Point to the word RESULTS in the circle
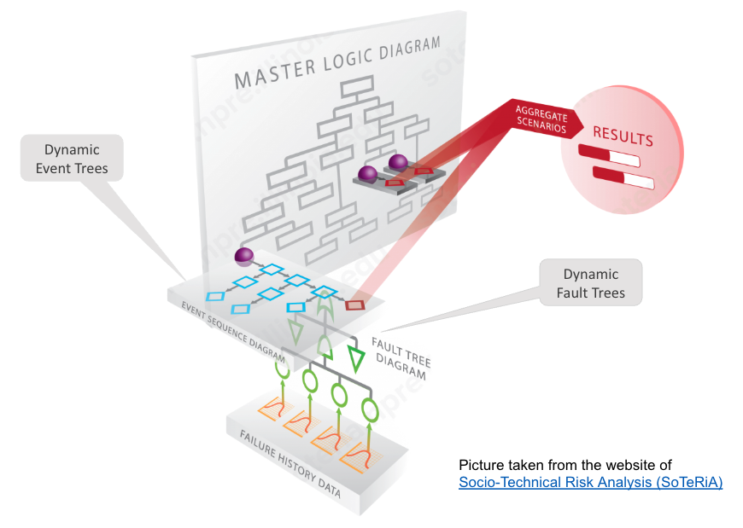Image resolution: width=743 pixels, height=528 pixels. (x=623, y=137)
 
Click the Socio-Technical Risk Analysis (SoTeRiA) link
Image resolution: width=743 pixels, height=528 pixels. (x=590, y=483)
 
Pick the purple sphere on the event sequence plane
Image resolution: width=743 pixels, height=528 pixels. (x=244, y=256)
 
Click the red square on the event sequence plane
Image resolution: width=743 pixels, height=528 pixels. (x=355, y=304)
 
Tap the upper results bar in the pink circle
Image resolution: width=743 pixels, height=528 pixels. (x=609, y=156)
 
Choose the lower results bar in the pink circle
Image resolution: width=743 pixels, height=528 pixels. (x=623, y=178)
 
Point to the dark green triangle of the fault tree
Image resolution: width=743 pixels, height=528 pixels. (x=356, y=357)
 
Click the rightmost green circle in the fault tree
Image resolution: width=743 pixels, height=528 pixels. (x=370, y=410)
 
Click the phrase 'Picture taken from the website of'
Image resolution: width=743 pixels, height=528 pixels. (x=565, y=465)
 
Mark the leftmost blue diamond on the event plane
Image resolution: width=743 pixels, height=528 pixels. (x=216, y=296)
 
